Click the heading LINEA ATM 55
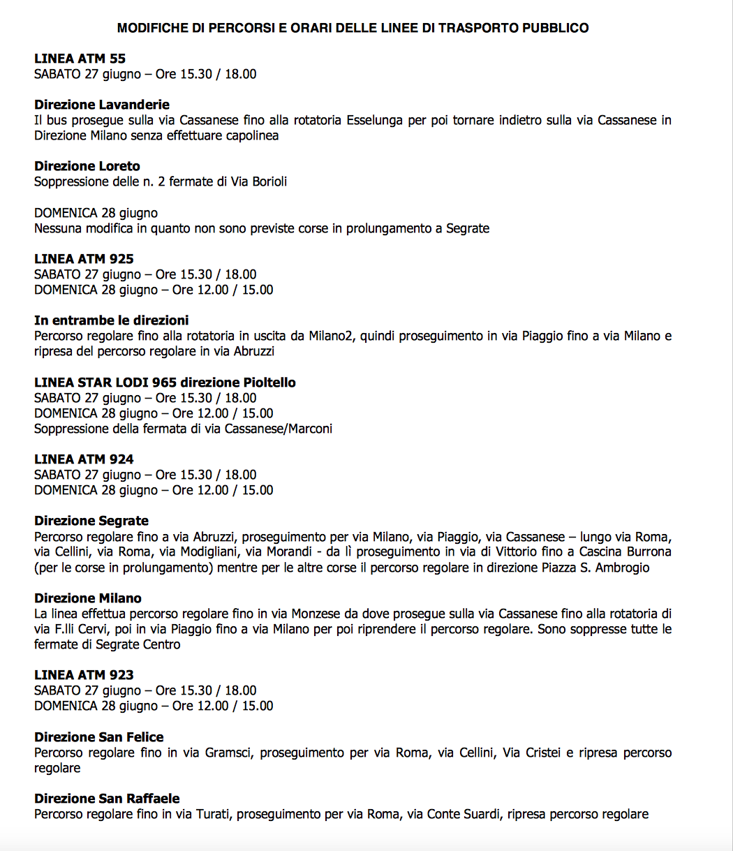[x=80, y=59]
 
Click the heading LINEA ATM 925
[x=84, y=259]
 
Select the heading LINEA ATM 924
[x=84, y=459]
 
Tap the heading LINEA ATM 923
[x=84, y=675]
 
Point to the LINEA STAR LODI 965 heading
[x=165, y=383]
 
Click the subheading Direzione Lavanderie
[x=102, y=105]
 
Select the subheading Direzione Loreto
[x=87, y=166]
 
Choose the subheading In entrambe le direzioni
[x=112, y=320]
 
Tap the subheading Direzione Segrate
[x=91, y=521]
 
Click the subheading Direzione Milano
[x=88, y=598]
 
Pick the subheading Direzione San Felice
[x=99, y=737]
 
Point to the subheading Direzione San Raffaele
[x=107, y=799]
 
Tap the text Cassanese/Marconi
[x=278, y=429]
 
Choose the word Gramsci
[x=229, y=753]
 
